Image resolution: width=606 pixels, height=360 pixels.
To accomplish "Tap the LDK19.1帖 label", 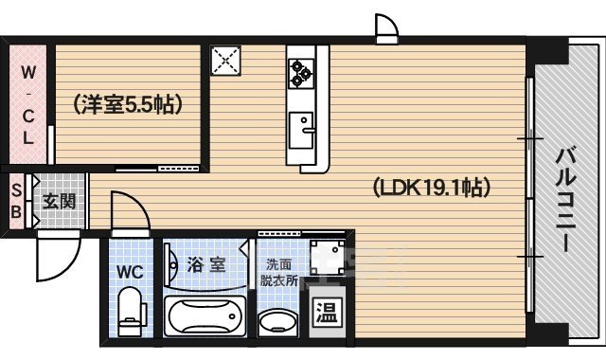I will (x=430, y=187).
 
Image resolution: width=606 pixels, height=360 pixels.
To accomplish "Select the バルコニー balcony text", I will (x=565, y=198).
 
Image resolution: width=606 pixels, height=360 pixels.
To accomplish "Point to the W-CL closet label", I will (x=28, y=104).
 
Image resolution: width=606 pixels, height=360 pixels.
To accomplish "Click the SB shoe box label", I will (x=15, y=201).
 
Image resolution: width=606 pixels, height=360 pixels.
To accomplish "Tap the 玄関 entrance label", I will (x=59, y=201).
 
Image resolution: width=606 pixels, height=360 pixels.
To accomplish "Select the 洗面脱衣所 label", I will (x=279, y=273).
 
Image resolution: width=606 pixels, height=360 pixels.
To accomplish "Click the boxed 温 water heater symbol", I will (x=325, y=312).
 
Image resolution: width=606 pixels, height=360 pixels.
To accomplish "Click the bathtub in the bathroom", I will (x=204, y=315).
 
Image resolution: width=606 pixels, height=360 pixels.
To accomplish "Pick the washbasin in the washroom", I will (x=277, y=318).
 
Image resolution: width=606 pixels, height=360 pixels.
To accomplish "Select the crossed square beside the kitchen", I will (x=226, y=62).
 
